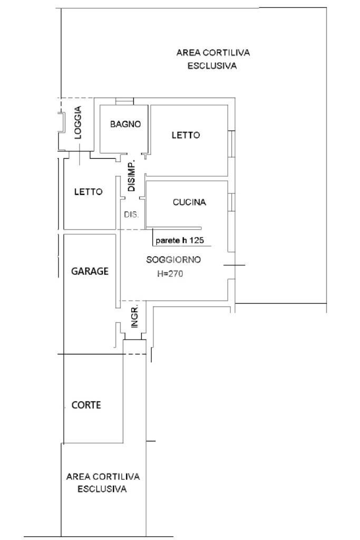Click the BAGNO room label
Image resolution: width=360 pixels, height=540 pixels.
(x=125, y=124)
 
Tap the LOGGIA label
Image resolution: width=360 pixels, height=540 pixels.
(x=79, y=123)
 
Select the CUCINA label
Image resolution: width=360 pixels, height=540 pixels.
(x=189, y=202)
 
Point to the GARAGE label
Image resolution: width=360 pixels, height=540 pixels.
(x=90, y=272)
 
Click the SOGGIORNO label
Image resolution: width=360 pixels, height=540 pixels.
(x=174, y=260)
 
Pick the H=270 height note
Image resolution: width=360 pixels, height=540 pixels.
(x=170, y=274)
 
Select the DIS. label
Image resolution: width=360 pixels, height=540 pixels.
(x=131, y=215)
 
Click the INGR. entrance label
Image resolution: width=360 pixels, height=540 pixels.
(x=134, y=316)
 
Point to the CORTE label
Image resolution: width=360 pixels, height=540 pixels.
(x=86, y=406)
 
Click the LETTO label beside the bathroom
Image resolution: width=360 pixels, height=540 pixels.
(x=186, y=136)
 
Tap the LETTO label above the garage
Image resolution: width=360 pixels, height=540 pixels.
(x=88, y=192)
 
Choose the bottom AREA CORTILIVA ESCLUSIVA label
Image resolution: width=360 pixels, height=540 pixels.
(x=103, y=483)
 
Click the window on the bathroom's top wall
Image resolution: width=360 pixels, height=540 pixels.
(x=124, y=101)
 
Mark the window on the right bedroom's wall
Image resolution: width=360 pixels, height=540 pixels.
(x=231, y=143)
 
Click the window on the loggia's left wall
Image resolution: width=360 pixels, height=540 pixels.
(x=61, y=124)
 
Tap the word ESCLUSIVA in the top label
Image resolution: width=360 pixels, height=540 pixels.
(x=212, y=66)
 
